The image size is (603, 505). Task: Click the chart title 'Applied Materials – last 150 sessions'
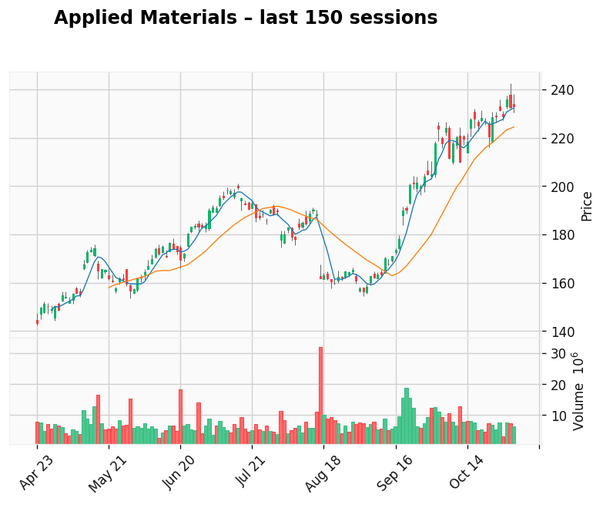pos(246,19)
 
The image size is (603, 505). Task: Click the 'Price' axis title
pos(587,206)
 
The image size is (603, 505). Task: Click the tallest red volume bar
pos(320,396)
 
